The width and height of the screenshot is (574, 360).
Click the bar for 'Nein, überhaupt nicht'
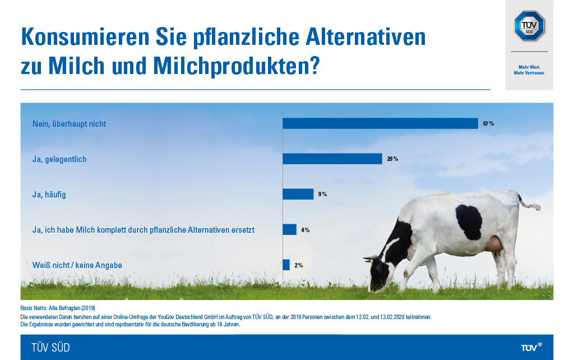pyautogui.click(x=380, y=123)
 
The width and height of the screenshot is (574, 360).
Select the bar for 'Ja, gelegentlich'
pyautogui.click(x=332, y=159)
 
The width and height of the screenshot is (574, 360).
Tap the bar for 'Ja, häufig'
pyautogui.click(x=298, y=194)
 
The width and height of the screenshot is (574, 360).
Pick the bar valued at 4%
pyautogui.click(x=289, y=229)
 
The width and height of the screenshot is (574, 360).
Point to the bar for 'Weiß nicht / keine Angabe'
pyautogui.click(x=286, y=265)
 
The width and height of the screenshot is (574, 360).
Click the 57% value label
pyautogui.click(x=488, y=123)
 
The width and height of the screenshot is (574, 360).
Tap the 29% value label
pyautogui.click(x=392, y=159)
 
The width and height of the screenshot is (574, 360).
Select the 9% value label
pyautogui.click(x=322, y=194)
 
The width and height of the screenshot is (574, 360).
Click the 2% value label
pyautogui.click(x=298, y=265)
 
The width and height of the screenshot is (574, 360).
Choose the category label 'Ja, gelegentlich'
pyautogui.click(x=59, y=159)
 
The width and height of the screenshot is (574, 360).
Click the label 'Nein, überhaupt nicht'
pyautogui.click(x=69, y=123)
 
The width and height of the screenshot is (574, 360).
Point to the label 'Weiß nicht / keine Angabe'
pyautogui.click(x=77, y=265)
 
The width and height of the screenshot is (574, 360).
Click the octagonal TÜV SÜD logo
pyautogui.click(x=529, y=25)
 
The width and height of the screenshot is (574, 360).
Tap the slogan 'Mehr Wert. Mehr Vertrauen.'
pyautogui.click(x=529, y=70)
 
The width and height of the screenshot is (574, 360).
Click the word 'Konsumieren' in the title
pyautogui.click(x=84, y=38)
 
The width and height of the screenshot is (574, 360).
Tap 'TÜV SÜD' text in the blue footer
pyautogui.click(x=51, y=348)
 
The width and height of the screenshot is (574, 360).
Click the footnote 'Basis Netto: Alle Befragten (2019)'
pyautogui.click(x=58, y=308)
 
